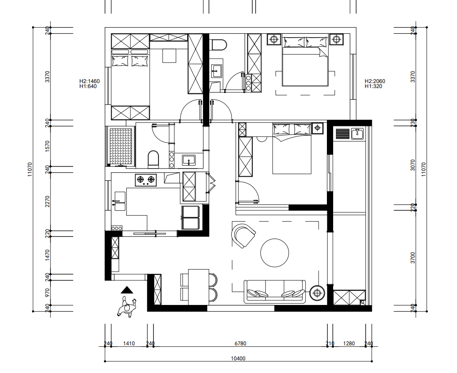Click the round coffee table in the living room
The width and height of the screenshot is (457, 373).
pos(274,253)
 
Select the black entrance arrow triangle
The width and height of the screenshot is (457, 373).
pos(127,290)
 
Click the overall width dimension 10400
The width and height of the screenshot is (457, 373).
pos(238,358)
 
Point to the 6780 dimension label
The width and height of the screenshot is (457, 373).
pos(241,343)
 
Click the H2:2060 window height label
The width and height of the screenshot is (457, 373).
pos(375,81)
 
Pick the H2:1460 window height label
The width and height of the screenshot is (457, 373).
pos(90,81)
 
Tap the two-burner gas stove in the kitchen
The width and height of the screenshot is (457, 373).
pos(146,180)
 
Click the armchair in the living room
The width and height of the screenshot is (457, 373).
pos(244,235)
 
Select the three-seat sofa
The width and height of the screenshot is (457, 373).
pos(274,292)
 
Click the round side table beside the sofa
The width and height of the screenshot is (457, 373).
pos(317,292)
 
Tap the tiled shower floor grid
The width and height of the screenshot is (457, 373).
pos(121,147)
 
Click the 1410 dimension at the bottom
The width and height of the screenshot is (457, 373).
pos(129,343)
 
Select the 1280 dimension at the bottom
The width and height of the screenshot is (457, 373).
pos(349,343)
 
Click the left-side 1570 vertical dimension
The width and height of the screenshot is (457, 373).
pos(48,146)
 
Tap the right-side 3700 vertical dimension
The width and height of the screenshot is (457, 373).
pos(413,258)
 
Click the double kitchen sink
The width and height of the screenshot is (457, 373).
pos(120,201)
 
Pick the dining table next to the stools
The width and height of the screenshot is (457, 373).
pos(199,287)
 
